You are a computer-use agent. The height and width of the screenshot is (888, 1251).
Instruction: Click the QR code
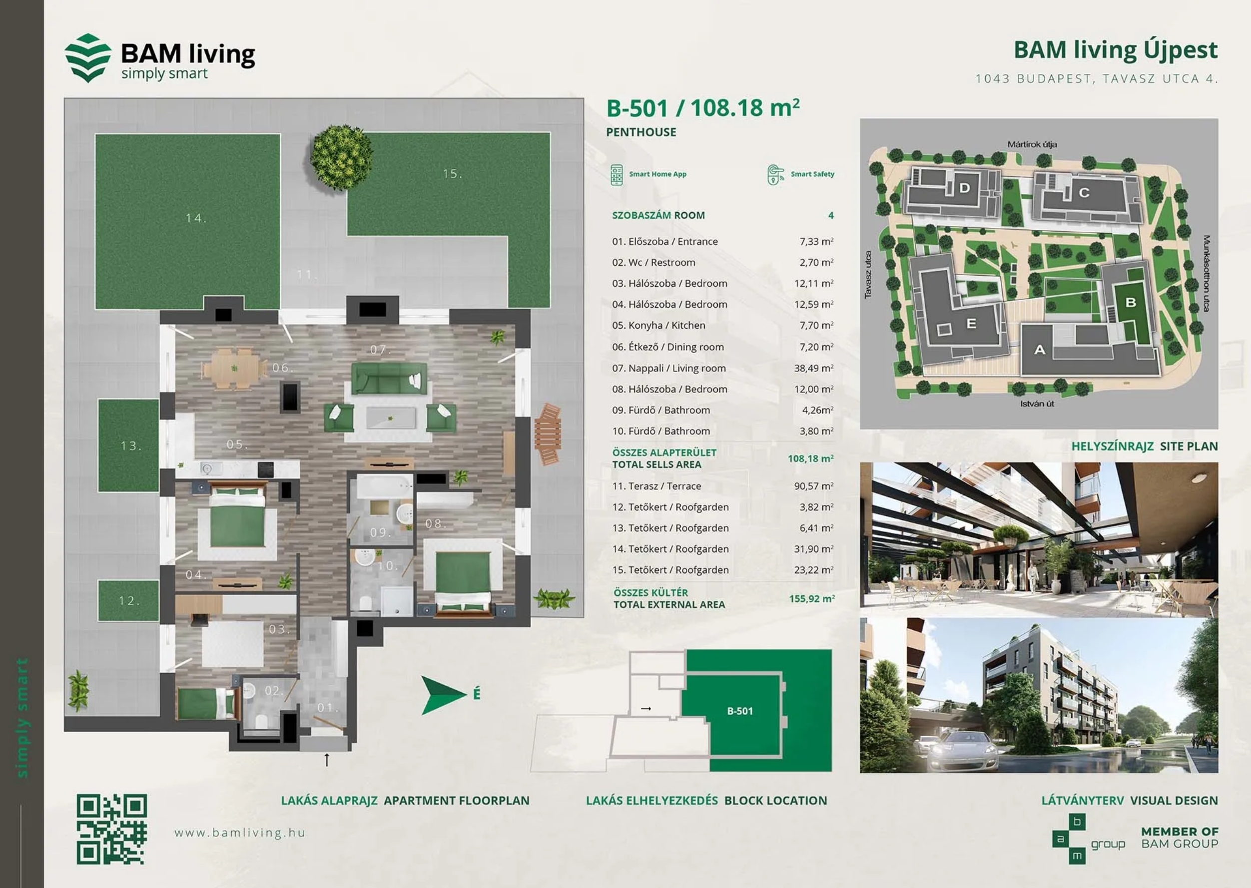pos(111,829)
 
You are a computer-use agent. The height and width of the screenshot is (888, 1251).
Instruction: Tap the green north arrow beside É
pos(443,695)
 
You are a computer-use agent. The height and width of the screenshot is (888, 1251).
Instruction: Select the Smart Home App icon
pos(617,175)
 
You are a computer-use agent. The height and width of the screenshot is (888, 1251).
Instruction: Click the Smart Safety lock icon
pos(775,175)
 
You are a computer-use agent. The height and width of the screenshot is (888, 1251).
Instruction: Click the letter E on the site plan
pos(972,324)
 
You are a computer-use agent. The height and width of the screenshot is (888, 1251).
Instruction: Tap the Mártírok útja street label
pos(1032,144)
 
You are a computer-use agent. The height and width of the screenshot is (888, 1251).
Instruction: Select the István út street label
pos(1037,404)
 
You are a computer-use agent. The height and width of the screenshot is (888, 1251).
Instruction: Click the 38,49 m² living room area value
pos(814,368)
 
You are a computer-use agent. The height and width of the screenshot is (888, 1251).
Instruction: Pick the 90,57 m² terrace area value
pos(814,485)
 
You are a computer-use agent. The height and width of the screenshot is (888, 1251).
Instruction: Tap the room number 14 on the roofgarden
pos(196,218)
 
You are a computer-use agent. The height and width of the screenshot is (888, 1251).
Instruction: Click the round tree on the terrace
pos(341,157)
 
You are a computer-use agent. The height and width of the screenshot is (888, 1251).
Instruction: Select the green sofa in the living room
pos(389,379)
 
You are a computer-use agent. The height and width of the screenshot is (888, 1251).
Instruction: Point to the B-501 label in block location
pos(739,711)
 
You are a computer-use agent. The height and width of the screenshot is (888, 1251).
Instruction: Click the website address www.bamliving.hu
pos(240,833)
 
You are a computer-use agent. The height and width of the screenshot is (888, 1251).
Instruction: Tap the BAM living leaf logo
pos(87,58)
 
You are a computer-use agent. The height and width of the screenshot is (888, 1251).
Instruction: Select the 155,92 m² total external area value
pos(812,599)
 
